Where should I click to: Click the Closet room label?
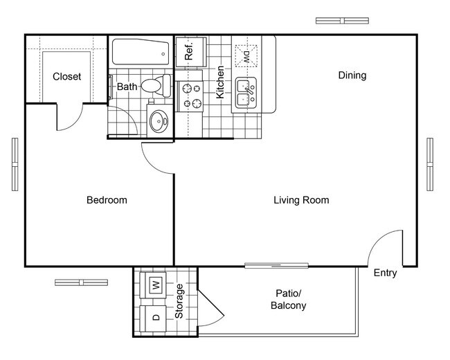point(66,76)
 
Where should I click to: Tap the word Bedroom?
point(107,200)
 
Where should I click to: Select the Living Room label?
point(300,200)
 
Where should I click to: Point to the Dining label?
point(352,75)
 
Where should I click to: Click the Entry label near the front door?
point(385,273)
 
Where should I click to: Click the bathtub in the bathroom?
point(140,51)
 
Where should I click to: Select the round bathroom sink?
point(159,122)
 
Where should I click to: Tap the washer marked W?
point(155,283)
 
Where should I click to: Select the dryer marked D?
point(155,318)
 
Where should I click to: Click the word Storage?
point(179,301)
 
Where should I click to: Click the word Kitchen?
point(220,82)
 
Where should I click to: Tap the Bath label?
point(127,87)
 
